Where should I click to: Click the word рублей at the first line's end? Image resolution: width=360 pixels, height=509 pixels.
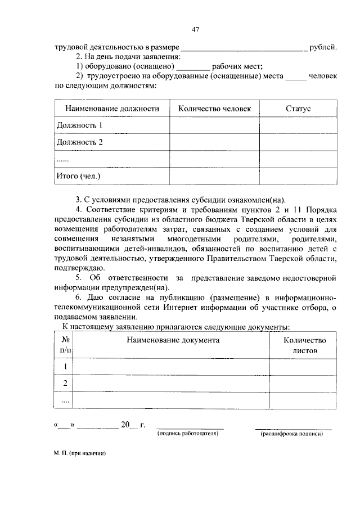(323, 47)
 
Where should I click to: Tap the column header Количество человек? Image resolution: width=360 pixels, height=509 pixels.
(214, 109)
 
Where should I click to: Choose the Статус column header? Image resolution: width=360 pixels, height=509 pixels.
(298, 109)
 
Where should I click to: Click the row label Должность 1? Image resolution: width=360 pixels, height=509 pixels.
(80, 125)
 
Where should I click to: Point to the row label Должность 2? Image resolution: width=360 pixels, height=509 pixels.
(80, 142)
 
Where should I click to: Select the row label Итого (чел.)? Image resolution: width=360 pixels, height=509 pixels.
(78, 176)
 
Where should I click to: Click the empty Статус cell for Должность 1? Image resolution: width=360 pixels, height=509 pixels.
(298, 125)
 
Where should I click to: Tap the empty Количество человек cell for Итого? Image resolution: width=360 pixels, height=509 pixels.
(214, 176)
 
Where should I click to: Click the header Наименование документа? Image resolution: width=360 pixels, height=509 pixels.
(172, 340)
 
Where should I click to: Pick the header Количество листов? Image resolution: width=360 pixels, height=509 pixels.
(304, 345)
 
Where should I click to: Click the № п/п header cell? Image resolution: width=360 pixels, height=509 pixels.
(65, 345)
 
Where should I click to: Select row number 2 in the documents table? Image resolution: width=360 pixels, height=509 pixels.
(65, 383)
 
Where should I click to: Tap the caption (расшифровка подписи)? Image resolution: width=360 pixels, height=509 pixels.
(292, 434)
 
